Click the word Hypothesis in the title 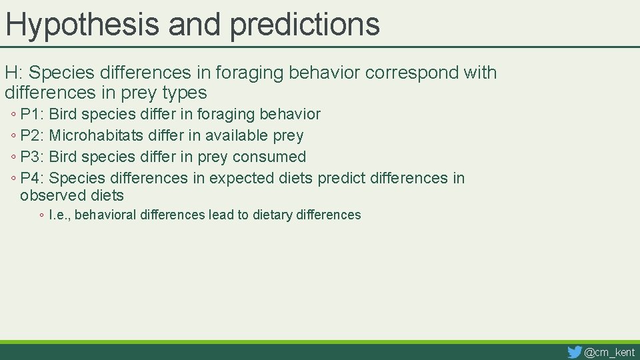83,24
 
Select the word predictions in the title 305,24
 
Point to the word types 183,93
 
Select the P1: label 32,115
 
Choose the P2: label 32,136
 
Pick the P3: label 32,157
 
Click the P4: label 32,179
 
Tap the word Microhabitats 96,136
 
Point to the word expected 241,179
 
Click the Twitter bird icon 574,352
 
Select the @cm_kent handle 609,352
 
